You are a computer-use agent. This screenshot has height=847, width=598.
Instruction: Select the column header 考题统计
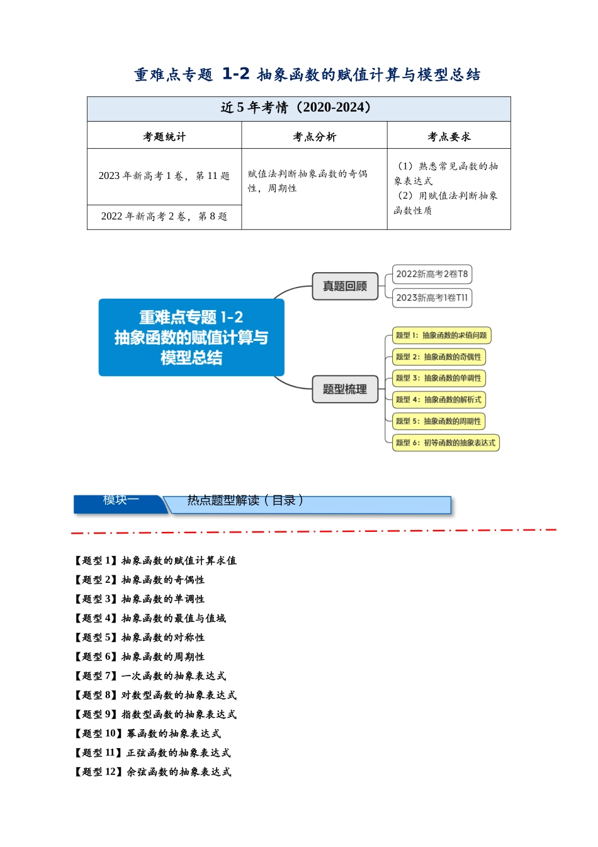pyautogui.click(x=164, y=137)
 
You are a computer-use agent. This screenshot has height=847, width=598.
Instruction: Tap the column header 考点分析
pyautogui.click(x=314, y=137)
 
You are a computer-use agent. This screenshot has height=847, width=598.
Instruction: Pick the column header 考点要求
pyautogui.click(x=449, y=137)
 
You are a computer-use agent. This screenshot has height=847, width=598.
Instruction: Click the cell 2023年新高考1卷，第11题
pyautogui.click(x=164, y=176)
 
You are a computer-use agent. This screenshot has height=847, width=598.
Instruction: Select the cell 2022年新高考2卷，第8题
pyautogui.click(x=164, y=216)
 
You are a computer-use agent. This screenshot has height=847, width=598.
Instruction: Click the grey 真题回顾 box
pyautogui.click(x=345, y=286)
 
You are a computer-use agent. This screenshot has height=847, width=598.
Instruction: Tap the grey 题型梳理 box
pyautogui.click(x=345, y=389)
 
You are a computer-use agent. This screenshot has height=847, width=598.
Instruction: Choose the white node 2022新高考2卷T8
pyautogui.click(x=432, y=274)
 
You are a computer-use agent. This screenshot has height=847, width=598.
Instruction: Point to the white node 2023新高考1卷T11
pyautogui.click(x=432, y=298)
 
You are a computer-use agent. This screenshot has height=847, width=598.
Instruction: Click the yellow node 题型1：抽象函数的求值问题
pyautogui.click(x=442, y=335)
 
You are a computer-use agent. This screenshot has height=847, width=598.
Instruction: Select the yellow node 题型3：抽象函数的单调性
pyautogui.click(x=439, y=378)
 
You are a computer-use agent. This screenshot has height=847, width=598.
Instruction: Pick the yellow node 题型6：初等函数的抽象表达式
pyautogui.click(x=446, y=443)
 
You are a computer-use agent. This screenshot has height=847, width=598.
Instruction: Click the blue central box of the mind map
pyautogui.click(x=191, y=337)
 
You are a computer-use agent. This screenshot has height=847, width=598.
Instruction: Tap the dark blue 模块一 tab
pyautogui.click(x=121, y=504)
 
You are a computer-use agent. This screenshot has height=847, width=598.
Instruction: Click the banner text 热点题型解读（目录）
pyautogui.click(x=245, y=500)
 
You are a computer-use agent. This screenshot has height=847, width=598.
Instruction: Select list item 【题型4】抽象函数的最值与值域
pyautogui.click(x=150, y=618)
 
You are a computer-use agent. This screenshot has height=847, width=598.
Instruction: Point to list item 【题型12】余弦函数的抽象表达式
pyautogui.click(x=152, y=772)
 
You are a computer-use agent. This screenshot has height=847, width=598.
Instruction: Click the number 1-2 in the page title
pyautogui.click(x=235, y=73)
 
